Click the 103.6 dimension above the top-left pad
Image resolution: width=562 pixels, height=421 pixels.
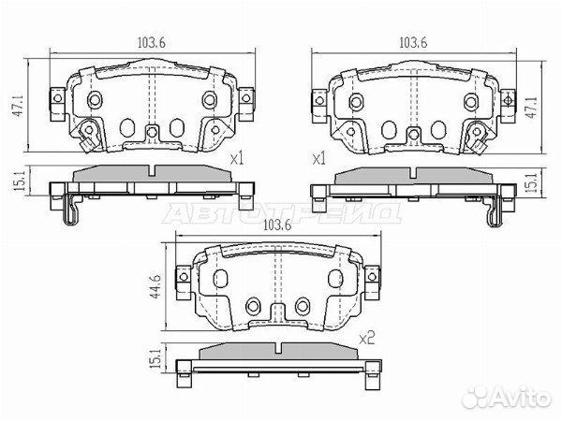(151, 43)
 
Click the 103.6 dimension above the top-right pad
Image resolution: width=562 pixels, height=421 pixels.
(413, 43)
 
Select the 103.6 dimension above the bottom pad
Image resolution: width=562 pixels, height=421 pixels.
(276, 225)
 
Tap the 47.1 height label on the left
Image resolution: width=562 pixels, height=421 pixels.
(20, 105)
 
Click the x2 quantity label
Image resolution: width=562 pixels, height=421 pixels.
(366, 338)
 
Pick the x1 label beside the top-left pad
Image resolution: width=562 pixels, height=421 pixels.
(237, 158)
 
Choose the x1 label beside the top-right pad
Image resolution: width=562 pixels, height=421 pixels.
(319, 159)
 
